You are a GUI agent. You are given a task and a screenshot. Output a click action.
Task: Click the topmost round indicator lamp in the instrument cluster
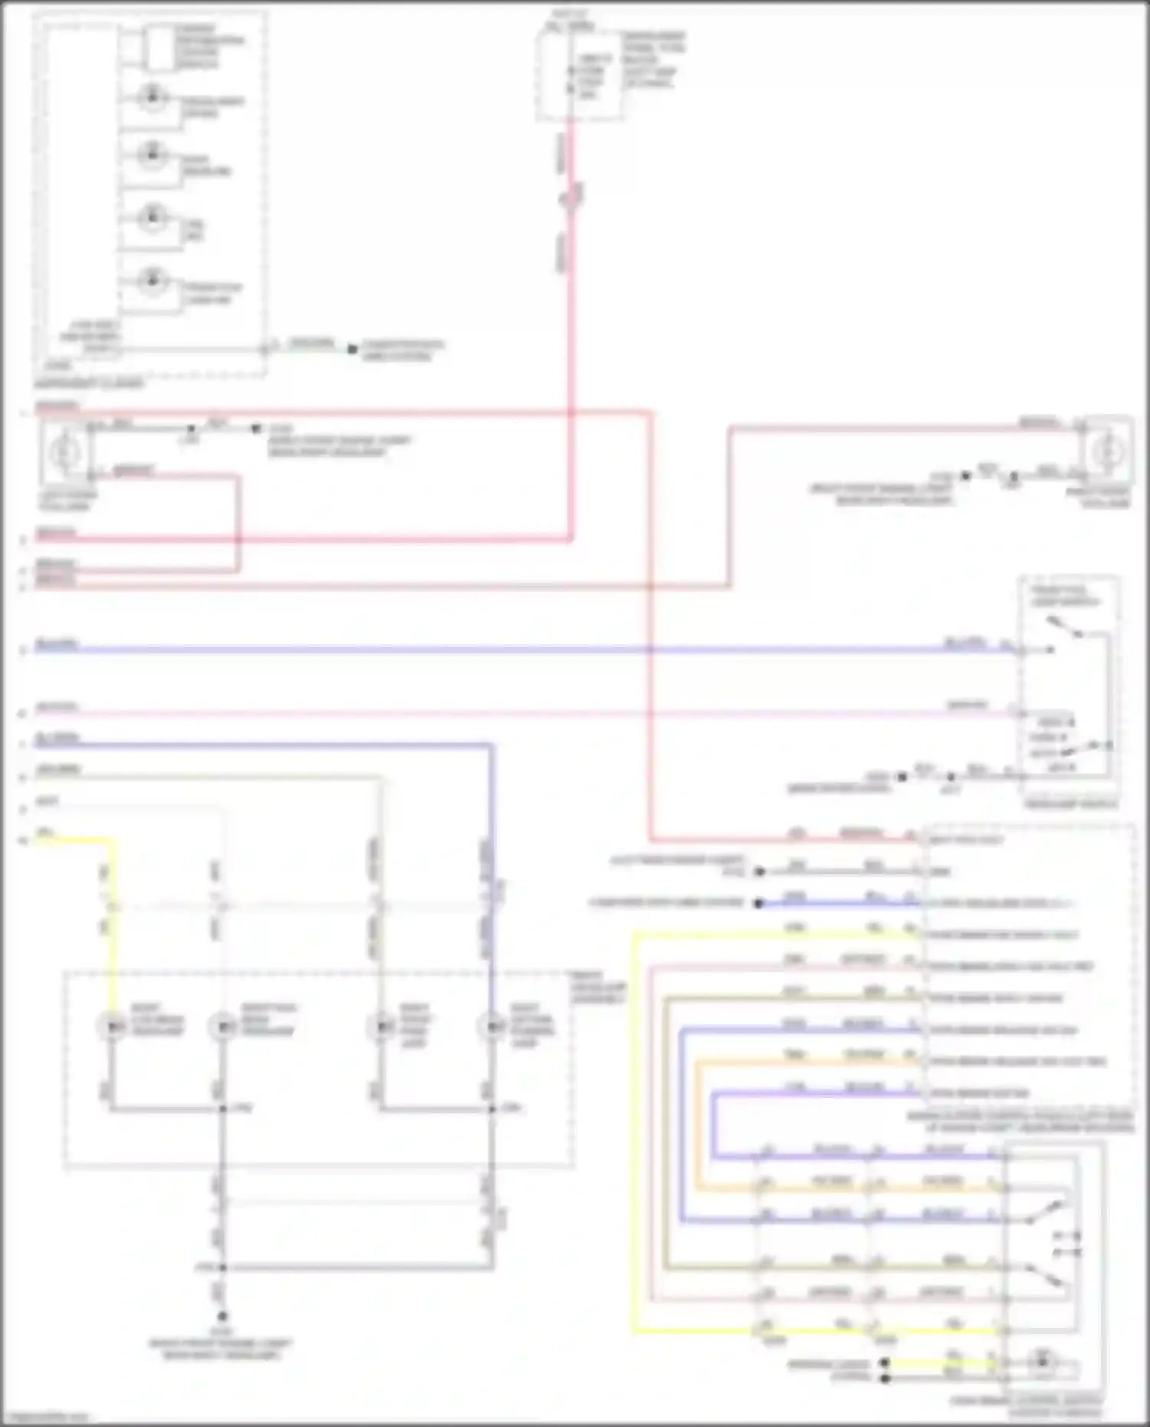coord(152,97)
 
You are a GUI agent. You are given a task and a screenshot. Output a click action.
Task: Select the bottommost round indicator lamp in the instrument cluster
coord(152,279)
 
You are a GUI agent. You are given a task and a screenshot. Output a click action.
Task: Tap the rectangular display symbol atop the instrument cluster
coord(159,47)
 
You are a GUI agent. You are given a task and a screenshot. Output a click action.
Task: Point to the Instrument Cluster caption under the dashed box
coord(89,383)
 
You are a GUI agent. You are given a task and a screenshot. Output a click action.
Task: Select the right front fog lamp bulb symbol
coord(1106,452)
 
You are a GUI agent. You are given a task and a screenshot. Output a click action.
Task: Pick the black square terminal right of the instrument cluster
coord(352,349)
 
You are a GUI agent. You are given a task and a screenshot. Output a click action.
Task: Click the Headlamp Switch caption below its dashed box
coord(1070,804)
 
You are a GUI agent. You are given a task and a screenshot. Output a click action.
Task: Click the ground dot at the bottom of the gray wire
coord(222,1316)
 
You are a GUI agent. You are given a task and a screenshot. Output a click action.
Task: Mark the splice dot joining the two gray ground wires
coord(222,1268)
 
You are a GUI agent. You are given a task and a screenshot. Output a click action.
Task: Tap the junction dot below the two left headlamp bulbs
coord(222,1109)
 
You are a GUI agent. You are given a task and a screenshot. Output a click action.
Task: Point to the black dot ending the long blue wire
coord(758,903)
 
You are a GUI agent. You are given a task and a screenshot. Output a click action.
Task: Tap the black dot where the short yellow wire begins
coord(884,1363)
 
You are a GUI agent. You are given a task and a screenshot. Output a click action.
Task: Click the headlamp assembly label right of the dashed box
coord(598,988)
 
